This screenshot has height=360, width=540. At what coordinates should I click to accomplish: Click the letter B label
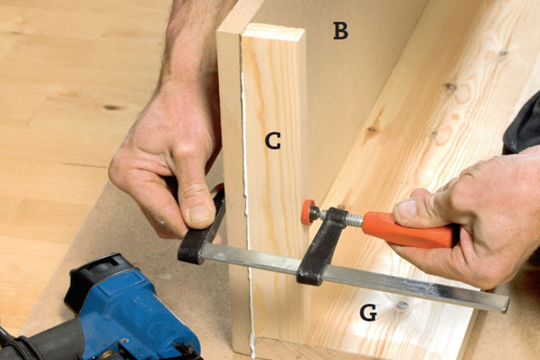coord(341,31)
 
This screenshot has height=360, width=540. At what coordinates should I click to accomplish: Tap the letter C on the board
coord(273,140)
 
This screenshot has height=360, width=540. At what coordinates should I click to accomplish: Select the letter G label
coord(368,312)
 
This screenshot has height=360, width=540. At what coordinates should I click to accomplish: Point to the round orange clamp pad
coord(308,212)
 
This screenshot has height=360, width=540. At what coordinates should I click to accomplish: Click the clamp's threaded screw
coord(354,220)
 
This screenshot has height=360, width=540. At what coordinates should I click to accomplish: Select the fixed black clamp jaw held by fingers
coord(202,236)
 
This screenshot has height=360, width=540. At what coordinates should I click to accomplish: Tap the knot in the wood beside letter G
coord(402,305)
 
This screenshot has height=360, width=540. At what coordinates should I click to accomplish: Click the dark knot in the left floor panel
coord(111,107)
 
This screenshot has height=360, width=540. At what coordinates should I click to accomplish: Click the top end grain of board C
coord(274,32)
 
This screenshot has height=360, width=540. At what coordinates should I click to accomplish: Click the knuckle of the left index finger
coord(183,152)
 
